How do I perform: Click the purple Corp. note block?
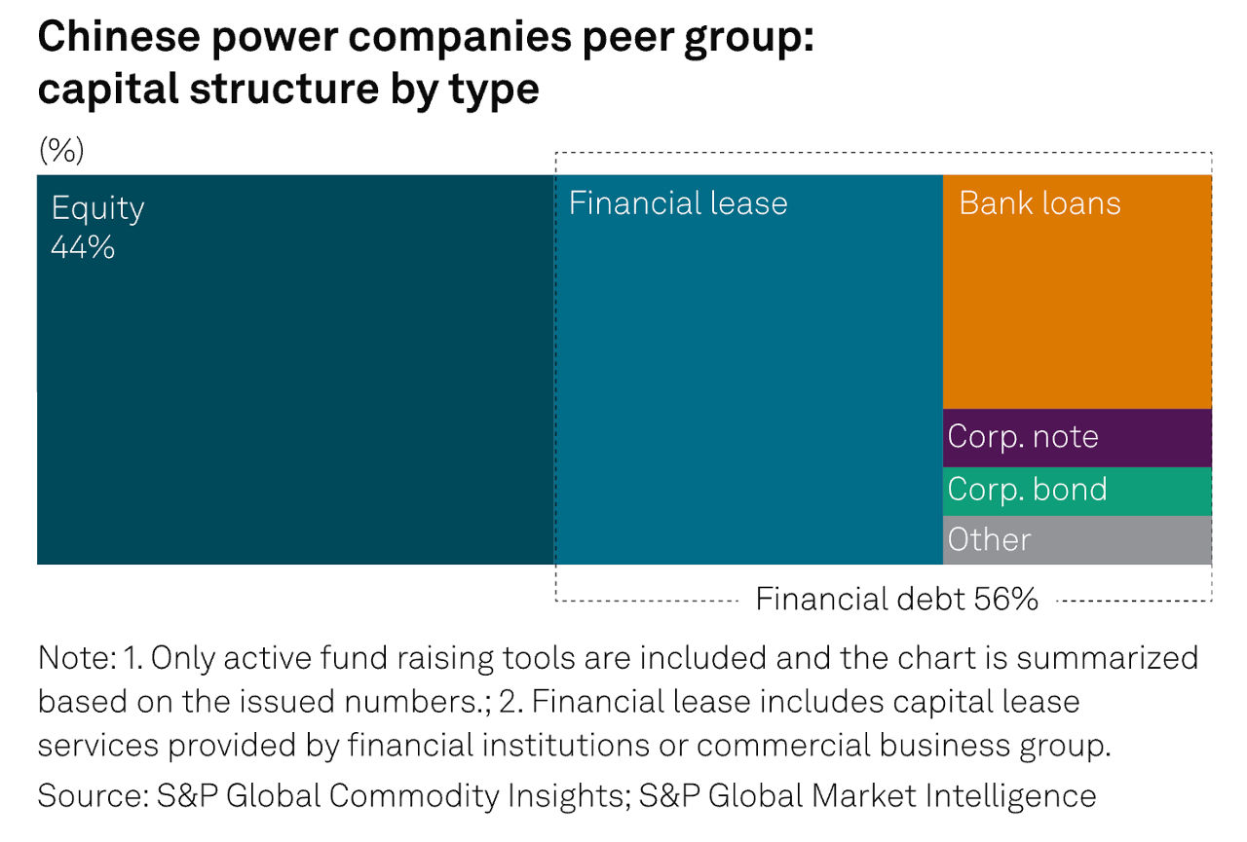(x=1077, y=438)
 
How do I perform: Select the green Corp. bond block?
(x=1077, y=492)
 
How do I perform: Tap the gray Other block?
(x=1077, y=540)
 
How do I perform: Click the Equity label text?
(x=98, y=209)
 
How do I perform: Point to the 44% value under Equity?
(x=83, y=247)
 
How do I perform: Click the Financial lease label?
(x=678, y=203)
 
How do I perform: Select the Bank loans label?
(x=1039, y=203)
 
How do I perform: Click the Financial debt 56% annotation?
(x=896, y=599)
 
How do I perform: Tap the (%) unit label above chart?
(x=61, y=150)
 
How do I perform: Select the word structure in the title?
(x=283, y=89)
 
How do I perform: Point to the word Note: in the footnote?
(x=77, y=658)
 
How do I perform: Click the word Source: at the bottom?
(x=93, y=795)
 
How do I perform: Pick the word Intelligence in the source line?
(x=1010, y=796)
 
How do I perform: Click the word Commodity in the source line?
(x=414, y=796)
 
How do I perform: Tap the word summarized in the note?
(x=1108, y=658)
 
